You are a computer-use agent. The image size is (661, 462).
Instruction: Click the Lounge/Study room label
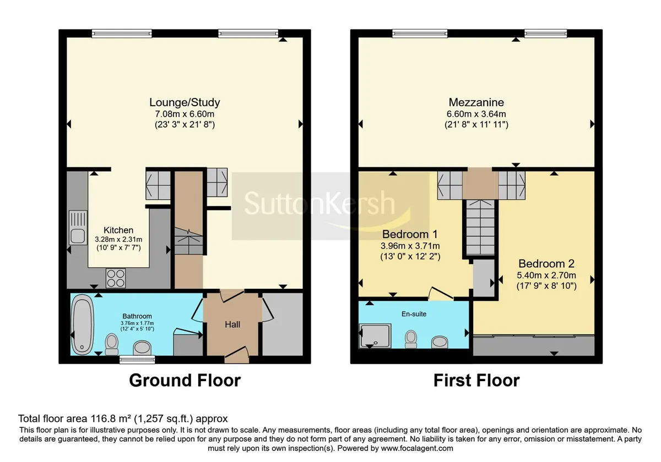(185, 102)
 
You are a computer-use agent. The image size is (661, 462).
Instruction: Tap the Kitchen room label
(118, 230)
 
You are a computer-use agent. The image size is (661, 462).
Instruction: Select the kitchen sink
(78, 228)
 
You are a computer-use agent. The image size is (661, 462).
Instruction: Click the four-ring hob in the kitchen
(116, 278)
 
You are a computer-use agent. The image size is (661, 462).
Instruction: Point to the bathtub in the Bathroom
(82, 324)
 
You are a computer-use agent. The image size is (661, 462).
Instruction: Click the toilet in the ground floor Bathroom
(111, 344)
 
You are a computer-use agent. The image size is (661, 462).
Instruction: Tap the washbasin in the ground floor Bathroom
(142, 348)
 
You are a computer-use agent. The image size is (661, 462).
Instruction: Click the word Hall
(232, 324)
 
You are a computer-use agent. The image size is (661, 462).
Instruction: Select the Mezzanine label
(476, 102)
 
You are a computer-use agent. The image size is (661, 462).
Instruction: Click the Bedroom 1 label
(410, 234)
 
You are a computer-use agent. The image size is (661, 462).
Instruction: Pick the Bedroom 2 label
(546, 263)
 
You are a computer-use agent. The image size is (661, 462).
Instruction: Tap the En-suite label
(414, 314)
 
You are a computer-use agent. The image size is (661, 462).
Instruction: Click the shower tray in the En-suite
(375, 336)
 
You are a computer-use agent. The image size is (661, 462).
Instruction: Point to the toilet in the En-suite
(411, 339)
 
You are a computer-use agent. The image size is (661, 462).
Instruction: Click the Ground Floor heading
(185, 381)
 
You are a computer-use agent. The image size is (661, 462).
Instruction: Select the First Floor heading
(476, 381)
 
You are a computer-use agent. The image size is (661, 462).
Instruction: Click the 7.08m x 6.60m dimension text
(185, 114)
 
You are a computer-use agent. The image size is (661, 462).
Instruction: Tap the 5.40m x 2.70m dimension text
(546, 275)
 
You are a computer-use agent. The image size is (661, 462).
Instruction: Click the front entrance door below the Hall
(237, 355)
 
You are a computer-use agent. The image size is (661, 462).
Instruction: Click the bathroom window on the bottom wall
(137, 360)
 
